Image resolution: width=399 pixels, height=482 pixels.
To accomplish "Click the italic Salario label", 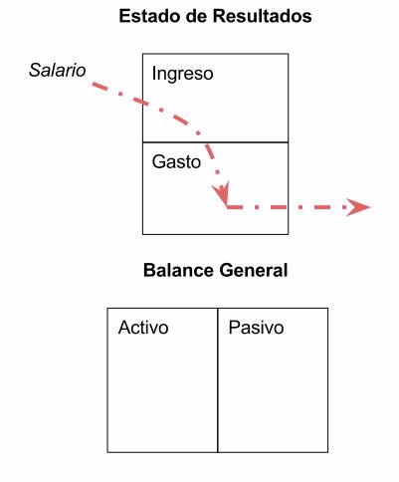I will pos(57,71).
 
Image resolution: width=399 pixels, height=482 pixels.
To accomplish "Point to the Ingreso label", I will pos(182,74).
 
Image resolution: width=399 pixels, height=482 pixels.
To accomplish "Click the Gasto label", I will pos(176,160).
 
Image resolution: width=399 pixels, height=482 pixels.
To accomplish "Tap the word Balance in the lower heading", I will pos(175,270).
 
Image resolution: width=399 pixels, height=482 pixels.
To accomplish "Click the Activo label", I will pos(143,327).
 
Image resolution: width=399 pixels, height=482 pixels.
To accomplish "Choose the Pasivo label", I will pos(256,327).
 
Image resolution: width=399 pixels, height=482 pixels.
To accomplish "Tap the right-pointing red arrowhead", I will pos(357,207).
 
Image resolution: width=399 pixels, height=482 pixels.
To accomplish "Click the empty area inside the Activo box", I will pos(162,398).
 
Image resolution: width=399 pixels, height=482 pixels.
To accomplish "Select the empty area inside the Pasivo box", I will pos(273,398).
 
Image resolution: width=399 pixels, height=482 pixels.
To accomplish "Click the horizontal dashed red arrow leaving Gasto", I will pos(289,207).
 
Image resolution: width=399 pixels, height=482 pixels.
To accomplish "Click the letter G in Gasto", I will pos(158,160).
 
